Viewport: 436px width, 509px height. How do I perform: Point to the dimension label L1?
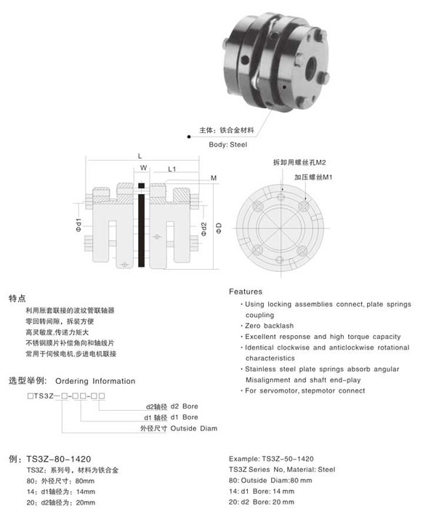[x=173, y=169]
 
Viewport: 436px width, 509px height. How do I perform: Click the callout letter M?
[x=214, y=178]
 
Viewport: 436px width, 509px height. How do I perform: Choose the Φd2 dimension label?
[x=205, y=228]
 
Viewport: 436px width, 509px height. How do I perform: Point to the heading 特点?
[x=17, y=298]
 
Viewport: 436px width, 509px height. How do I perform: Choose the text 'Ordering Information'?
[x=95, y=380]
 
